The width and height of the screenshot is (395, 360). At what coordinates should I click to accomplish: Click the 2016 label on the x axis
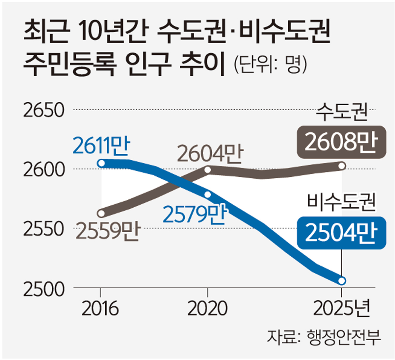100,309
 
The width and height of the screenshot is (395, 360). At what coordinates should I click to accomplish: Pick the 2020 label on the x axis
207,309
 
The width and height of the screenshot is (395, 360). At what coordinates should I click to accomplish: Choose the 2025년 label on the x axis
342,309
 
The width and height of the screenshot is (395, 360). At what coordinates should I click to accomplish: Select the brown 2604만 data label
210,154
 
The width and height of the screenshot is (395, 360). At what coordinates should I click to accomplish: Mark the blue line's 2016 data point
102,163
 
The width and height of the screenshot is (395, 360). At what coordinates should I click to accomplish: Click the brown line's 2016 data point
102,213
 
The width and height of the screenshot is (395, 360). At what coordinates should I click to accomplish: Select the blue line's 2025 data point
342,281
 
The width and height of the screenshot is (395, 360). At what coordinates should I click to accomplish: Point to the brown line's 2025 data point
342,166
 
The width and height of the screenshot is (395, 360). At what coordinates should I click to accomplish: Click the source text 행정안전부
343,337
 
